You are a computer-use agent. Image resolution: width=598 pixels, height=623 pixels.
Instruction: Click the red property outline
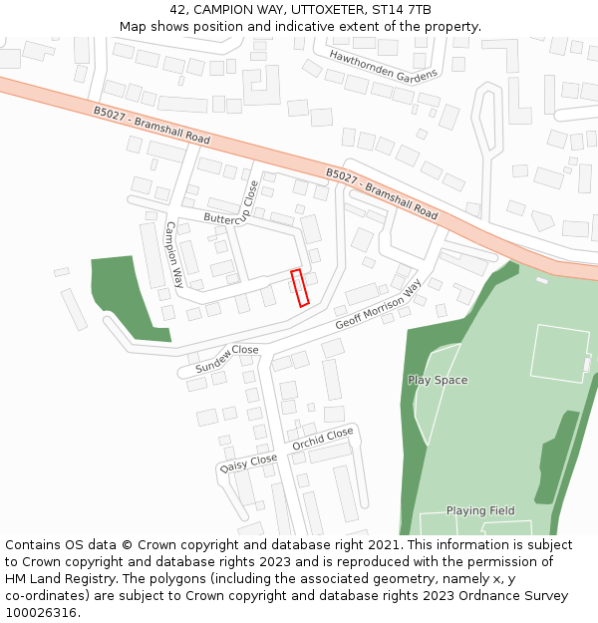point(299,287)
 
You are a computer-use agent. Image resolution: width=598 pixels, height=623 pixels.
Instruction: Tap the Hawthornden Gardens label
point(383,66)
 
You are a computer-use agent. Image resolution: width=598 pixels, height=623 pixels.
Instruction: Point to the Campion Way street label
point(174,249)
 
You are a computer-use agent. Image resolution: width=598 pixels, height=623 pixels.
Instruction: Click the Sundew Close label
point(226,359)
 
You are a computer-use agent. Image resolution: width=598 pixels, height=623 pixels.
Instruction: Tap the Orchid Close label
point(322,439)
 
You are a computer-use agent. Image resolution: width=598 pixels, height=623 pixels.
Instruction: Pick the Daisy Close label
point(248,464)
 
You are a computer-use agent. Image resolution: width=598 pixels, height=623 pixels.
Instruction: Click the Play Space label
point(438,380)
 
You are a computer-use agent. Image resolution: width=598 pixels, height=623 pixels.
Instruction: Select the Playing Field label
point(480,510)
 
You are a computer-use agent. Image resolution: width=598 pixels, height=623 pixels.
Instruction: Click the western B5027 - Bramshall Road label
point(151,126)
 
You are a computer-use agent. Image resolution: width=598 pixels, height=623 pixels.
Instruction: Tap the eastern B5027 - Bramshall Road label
point(382,194)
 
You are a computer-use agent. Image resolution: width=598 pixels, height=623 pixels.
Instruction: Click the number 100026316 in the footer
point(40,612)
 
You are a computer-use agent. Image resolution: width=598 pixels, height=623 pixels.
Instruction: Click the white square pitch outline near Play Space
point(559,353)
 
